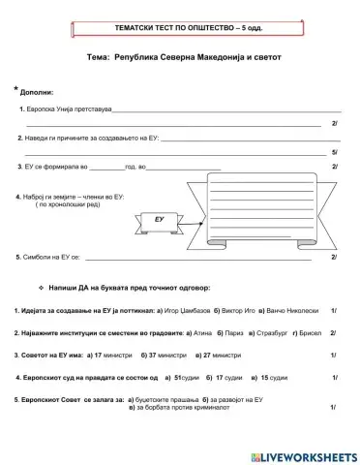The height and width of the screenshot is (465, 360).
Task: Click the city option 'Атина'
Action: pos(201,332)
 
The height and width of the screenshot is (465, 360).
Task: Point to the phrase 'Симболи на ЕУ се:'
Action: pos(49,258)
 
